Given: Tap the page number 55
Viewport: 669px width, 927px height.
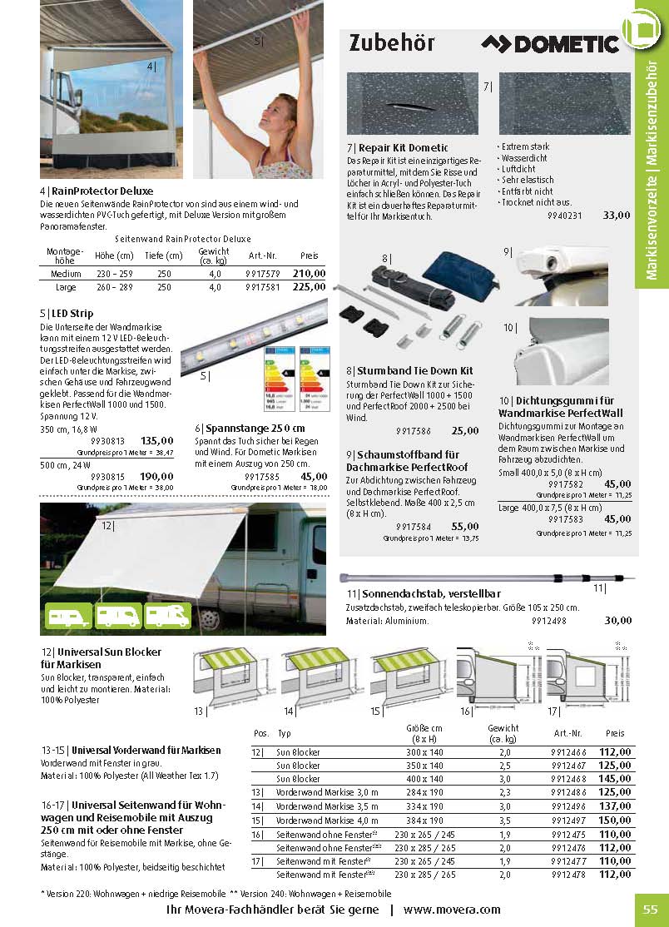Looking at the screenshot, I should [650, 910].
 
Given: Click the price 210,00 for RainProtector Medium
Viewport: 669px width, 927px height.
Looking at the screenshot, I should [309, 273].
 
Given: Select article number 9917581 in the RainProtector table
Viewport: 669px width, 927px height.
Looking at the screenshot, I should [263, 287].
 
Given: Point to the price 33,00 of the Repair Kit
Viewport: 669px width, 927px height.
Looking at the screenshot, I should [617, 215].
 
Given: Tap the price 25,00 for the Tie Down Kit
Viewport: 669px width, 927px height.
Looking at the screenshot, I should [465, 430].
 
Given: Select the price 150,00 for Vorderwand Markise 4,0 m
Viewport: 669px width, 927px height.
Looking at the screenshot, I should [615, 820].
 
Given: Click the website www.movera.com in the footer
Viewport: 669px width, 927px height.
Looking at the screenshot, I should [452, 910].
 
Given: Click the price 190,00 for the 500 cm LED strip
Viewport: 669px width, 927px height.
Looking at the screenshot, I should [156, 476].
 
